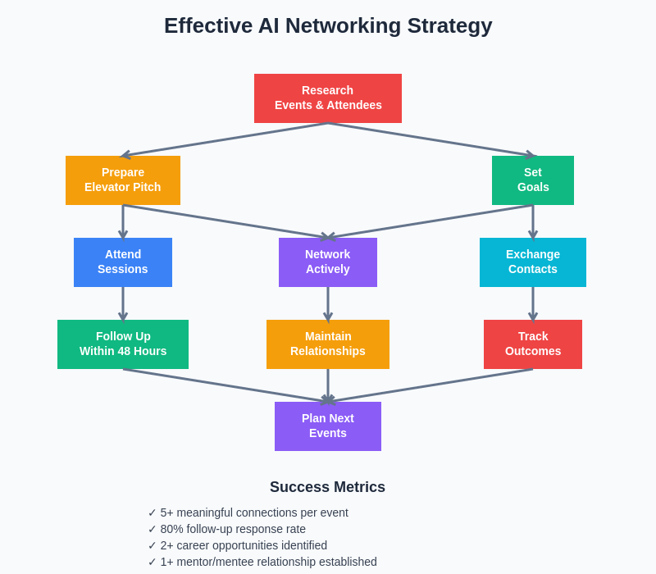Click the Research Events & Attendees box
point(328,98)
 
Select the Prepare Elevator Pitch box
point(123,180)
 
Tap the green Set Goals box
point(533,180)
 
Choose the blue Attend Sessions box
point(123,262)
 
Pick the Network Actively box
point(328,262)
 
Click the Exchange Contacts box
point(533,262)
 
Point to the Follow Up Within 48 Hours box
point(123,344)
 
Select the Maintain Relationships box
point(328,344)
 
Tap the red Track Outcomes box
point(533,344)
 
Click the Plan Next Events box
point(328,426)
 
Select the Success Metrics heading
point(327,487)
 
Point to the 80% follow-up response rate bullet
point(233,529)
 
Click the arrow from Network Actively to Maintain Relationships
point(328,303)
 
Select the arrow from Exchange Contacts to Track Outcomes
point(533,303)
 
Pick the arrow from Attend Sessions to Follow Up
point(123,303)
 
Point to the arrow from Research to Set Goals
point(430,139)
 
